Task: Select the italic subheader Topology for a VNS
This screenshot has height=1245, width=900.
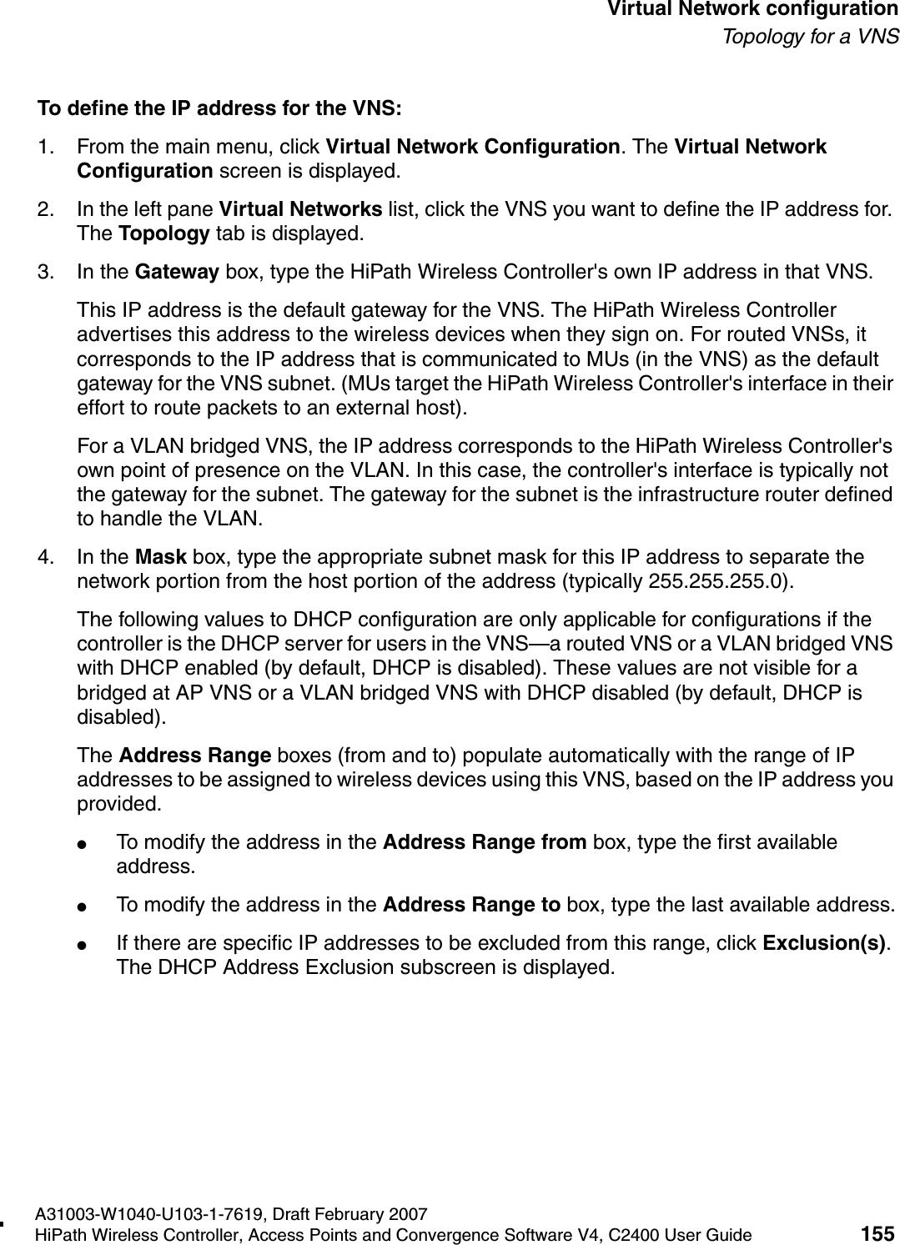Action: (x=810, y=37)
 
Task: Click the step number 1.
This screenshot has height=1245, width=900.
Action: (x=44, y=148)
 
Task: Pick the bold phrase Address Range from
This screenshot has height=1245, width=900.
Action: (x=484, y=842)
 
